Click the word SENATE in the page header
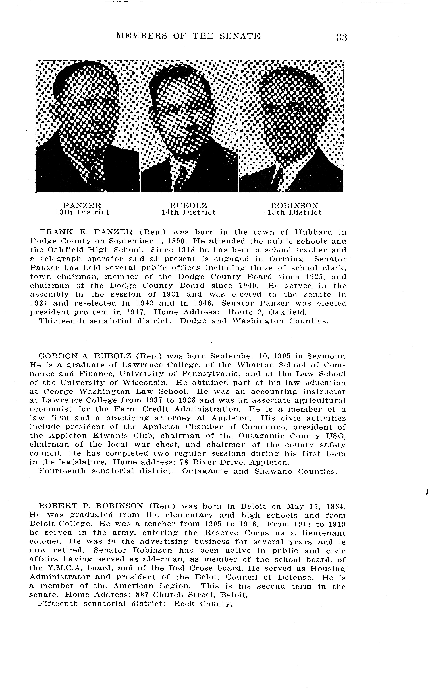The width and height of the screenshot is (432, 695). point(240,36)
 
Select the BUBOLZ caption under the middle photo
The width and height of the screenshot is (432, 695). point(188,205)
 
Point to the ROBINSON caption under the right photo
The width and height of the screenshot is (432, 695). point(294,205)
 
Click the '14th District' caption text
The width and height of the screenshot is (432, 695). point(188,212)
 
